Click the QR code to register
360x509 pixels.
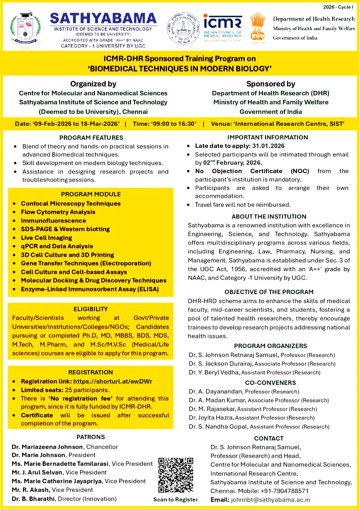pos(175,475)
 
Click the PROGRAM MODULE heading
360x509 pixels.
pos(90,194)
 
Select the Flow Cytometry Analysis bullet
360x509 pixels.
pos(58,212)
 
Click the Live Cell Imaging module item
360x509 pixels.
pos(46,237)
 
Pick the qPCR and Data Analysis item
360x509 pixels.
pos(57,246)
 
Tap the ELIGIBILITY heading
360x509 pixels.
pos(90,309)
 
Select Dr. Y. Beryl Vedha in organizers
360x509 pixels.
pos(214,372)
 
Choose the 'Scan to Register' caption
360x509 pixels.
pos(175,499)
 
